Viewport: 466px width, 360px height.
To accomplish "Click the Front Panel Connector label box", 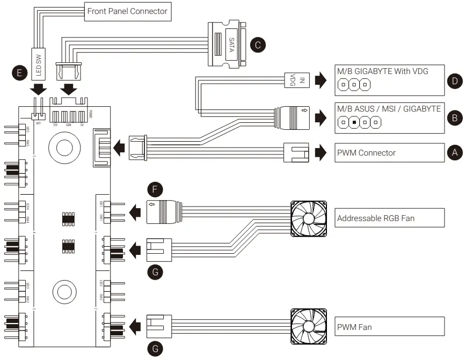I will tap(128, 11).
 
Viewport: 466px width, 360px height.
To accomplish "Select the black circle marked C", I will tap(259, 45).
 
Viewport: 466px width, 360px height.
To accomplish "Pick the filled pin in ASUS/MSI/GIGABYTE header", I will tap(354, 123).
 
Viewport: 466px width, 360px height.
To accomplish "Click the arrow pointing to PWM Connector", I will tap(320, 152).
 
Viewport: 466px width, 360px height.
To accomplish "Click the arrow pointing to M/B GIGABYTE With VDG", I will tap(320, 80).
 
